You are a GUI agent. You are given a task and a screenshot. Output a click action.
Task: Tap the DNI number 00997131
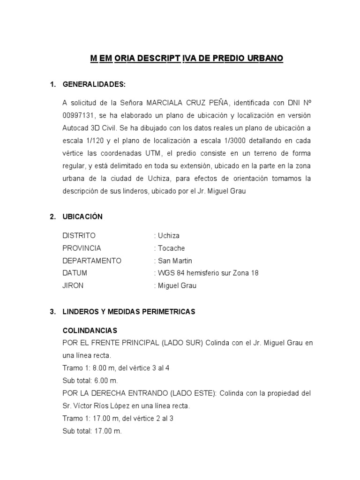pos(77,115)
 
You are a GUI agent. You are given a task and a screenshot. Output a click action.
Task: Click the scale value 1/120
pos(98,141)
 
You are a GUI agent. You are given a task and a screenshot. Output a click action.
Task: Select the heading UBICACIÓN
pos(82,217)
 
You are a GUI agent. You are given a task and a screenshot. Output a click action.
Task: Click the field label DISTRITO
pos(79,235)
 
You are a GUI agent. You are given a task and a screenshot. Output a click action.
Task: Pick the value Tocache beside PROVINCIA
pos(171,248)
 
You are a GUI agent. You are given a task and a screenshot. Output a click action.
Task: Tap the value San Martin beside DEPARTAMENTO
pos(174,261)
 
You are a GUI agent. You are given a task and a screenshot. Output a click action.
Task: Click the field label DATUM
pos(75,273)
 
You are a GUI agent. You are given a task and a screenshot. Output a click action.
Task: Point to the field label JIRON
pos(73,286)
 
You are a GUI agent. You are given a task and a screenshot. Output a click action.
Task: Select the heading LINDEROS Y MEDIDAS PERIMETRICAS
pos(129,311)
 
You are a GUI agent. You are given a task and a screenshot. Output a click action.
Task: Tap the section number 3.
pos(52,311)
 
